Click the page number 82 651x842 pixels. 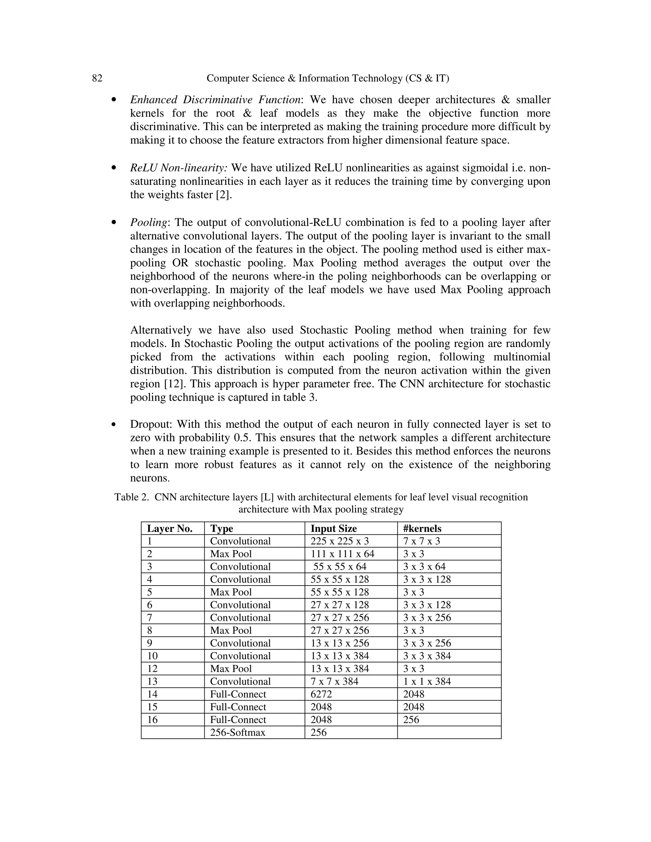(x=97, y=78)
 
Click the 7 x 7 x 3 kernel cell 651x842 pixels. (x=421, y=541)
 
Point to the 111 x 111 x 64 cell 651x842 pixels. (x=342, y=553)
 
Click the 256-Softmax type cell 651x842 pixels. (x=237, y=732)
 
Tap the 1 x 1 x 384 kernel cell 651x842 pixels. (x=427, y=681)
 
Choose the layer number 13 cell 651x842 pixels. (x=152, y=681)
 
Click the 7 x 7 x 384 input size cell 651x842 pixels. (x=334, y=681)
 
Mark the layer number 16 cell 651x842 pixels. (x=152, y=719)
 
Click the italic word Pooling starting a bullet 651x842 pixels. (x=149, y=223)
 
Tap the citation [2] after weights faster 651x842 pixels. (x=224, y=195)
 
